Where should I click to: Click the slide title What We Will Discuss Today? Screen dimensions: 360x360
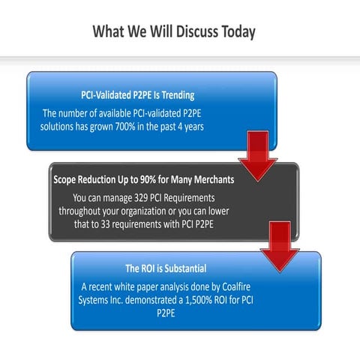click(x=174, y=31)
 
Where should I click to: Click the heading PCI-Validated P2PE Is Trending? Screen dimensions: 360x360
click(x=137, y=95)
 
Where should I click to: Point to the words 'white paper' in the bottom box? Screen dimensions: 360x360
click(x=139, y=286)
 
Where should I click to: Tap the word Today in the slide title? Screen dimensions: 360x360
click(x=237, y=31)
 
